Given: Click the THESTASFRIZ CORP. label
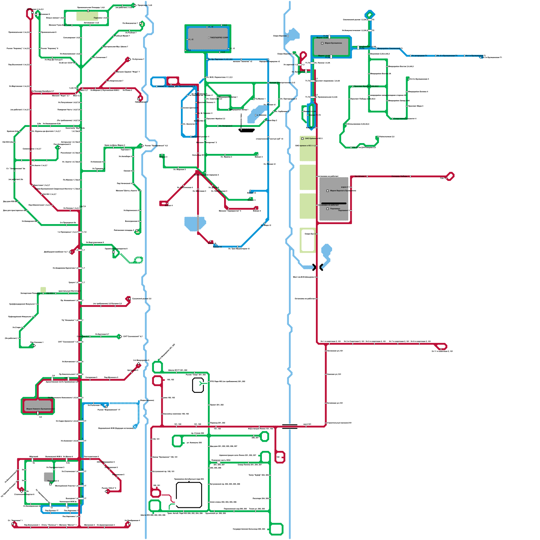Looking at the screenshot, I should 219,38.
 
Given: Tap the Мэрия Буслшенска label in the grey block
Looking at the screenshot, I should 333,43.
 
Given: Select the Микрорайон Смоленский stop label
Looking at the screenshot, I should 389,49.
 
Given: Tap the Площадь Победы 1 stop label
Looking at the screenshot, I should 401,176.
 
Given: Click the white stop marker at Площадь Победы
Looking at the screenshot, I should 410,176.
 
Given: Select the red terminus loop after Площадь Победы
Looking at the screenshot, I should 450,176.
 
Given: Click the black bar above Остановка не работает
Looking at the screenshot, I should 334,203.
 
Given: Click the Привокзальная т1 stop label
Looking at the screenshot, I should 186,86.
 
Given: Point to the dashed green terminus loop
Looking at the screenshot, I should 138,260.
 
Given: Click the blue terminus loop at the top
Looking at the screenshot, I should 370,15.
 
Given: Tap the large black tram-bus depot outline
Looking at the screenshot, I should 189,495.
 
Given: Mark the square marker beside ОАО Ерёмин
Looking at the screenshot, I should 302,138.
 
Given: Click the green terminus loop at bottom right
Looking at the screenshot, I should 276,529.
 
